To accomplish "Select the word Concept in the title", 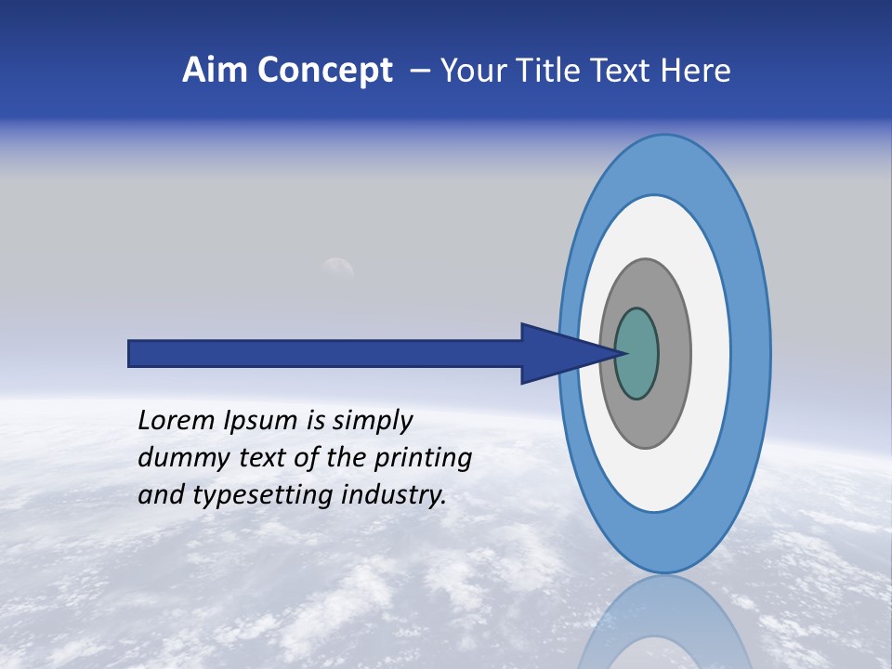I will coord(325,71).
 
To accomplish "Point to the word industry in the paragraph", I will coord(392,496).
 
